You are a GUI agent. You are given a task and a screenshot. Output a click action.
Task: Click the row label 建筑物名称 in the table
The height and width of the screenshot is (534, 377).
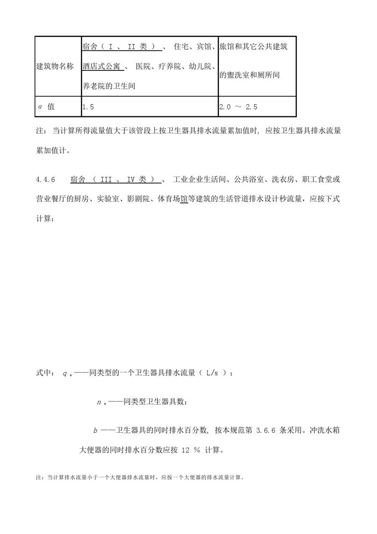coord(55,66)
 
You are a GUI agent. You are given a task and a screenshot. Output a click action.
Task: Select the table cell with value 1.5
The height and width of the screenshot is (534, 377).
coord(88,107)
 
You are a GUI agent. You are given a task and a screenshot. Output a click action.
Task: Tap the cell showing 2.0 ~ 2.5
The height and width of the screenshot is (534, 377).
coord(238,107)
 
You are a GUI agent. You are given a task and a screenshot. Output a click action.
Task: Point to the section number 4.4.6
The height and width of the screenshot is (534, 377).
coord(46,180)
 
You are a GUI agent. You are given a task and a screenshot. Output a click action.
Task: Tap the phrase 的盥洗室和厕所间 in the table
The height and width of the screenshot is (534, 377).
coord(250,76)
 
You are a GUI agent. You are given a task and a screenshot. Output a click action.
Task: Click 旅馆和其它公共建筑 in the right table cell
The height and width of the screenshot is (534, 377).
coord(253,47)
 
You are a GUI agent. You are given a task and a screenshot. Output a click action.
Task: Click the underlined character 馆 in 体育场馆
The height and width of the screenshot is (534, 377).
coord(183,199)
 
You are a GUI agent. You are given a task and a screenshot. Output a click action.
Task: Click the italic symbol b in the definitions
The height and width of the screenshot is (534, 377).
coord(96,431)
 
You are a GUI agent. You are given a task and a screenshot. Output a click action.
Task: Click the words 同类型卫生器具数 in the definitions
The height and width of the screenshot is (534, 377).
coord(155,402)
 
